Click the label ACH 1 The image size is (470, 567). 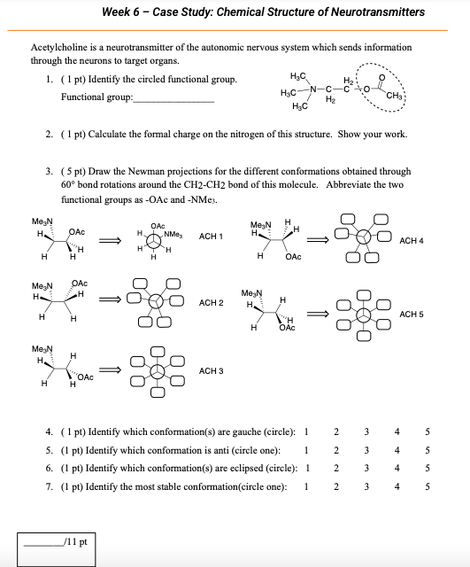click(x=211, y=237)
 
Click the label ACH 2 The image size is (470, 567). click(x=211, y=303)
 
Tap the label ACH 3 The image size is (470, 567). click(x=211, y=369)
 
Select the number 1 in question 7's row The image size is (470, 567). click(x=305, y=485)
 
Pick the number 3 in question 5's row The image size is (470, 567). click(x=366, y=450)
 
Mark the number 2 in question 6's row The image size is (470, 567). click(x=335, y=468)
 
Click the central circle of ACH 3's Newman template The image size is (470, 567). click(x=158, y=369)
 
